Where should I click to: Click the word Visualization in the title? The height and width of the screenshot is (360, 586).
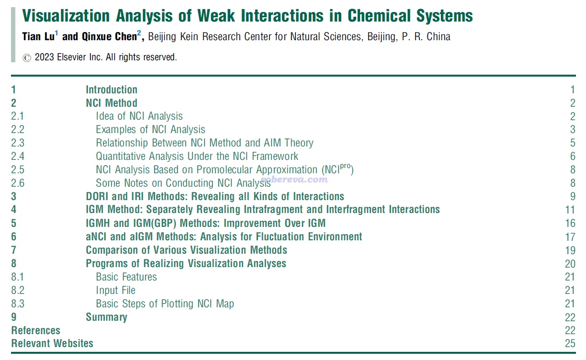point(66,16)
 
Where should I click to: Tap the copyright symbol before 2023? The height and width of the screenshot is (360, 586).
point(27,58)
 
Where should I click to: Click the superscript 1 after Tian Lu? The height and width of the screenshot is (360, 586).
point(56,33)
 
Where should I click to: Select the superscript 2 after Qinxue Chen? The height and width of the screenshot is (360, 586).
point(139,33)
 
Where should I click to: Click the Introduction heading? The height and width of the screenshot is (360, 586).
point(112,90)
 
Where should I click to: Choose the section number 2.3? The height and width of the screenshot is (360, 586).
point(18,143)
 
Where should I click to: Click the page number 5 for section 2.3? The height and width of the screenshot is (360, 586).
point(573,143)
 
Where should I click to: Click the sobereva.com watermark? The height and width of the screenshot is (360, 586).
point(294,179)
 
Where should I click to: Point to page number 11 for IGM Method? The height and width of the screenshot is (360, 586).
point(570,210)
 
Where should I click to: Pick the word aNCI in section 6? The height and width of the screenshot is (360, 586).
point(96,236)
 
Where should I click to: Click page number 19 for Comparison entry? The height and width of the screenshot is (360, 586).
point(570,250)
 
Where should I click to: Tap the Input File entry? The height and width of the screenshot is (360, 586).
point(116,290)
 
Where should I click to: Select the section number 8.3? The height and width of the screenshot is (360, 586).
point(18,304)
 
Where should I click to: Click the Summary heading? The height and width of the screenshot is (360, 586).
point(106,317)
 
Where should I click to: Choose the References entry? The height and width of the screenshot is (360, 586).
point(35,330)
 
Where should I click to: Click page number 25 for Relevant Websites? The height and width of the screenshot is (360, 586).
point(570,343)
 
